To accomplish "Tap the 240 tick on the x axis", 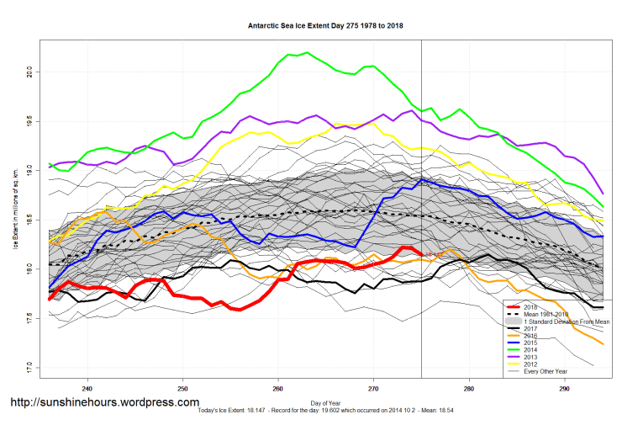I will point(87,388).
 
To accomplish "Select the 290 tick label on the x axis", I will point(564,388).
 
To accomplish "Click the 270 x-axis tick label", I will point(373,388).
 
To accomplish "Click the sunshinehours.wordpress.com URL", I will point(105,402).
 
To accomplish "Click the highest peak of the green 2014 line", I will point(307,53).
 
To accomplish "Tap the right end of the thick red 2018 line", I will point(421,253).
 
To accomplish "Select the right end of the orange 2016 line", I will point(603,343).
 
